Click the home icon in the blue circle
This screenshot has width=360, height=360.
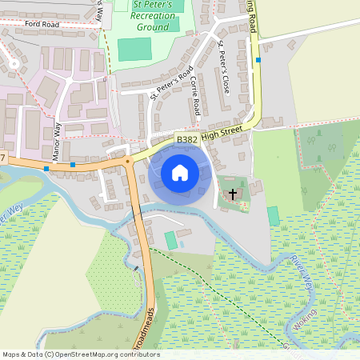point(180,173)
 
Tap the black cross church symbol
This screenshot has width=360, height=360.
point(234,194)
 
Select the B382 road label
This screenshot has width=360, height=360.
point(187,139)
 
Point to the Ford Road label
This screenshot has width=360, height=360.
point(42,25)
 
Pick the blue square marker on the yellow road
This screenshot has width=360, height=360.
point(258,59)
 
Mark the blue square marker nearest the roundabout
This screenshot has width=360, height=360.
point(73,165)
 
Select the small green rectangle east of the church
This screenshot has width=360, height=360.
point(274,215)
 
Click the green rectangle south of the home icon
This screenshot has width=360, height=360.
point(170,239)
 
